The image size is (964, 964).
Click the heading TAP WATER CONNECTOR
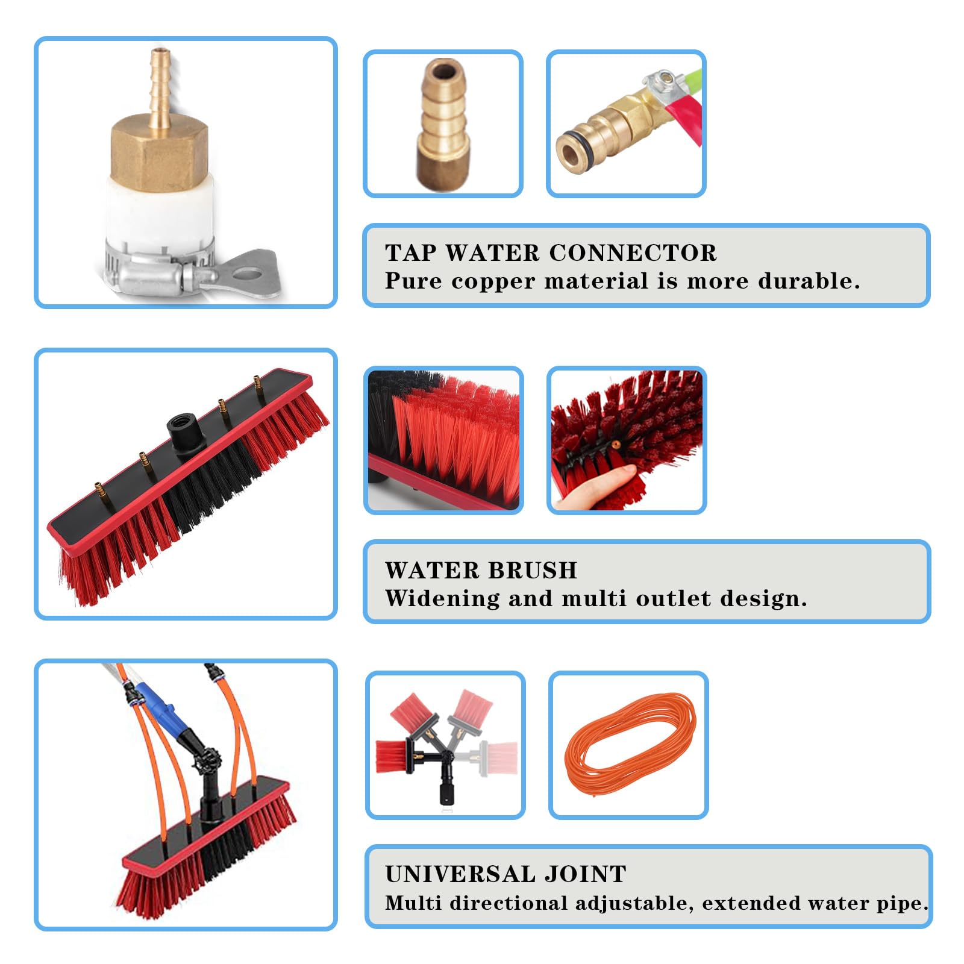(551, 253)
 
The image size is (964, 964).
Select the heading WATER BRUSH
(481, 570)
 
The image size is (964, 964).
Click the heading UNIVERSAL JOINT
(505, 874)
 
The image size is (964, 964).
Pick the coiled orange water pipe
(630, 745)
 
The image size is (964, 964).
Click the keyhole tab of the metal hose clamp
(246, 271)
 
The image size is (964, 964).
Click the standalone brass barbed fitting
(442, 125)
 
